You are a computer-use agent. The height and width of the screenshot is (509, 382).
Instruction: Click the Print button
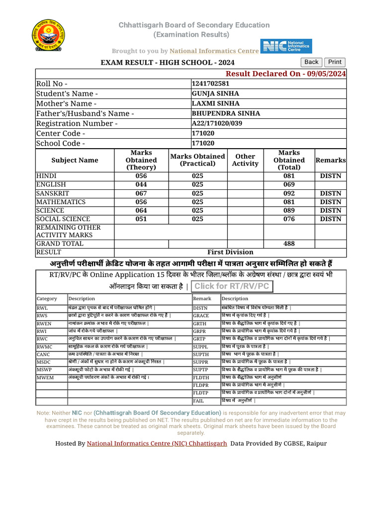(335, 62)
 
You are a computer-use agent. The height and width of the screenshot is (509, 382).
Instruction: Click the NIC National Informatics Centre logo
(287, 47)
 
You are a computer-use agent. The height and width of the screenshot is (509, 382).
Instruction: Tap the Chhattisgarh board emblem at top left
(48, 35)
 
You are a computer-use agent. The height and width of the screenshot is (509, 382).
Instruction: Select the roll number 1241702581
(211, 84)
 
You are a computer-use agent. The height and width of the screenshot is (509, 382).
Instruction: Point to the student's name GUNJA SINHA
(215, 93)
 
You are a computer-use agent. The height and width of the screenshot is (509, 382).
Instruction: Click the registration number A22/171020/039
(217, 123)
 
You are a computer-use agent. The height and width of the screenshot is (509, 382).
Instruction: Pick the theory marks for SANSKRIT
(141, 193)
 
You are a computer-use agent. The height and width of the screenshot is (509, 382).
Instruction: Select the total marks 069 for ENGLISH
(289, 185)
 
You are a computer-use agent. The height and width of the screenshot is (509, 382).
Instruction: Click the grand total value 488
(289, 244)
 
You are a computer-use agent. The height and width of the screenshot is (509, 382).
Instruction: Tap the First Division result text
(230, 253)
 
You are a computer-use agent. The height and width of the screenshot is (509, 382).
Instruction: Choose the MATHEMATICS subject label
(61, 202)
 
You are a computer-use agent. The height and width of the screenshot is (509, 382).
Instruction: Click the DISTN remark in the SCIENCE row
(330, 211)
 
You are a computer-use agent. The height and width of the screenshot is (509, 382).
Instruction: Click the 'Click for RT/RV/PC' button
(232, 286)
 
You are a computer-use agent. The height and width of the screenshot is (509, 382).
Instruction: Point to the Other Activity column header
(245, 160)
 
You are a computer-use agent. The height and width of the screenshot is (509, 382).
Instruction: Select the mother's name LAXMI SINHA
(216, 103)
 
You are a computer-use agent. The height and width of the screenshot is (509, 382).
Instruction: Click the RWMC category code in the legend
(44, 346)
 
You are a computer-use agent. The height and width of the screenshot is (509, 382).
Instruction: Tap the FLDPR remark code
(201, 385)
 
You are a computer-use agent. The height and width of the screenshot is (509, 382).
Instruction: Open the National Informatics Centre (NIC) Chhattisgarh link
(157, 443)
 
